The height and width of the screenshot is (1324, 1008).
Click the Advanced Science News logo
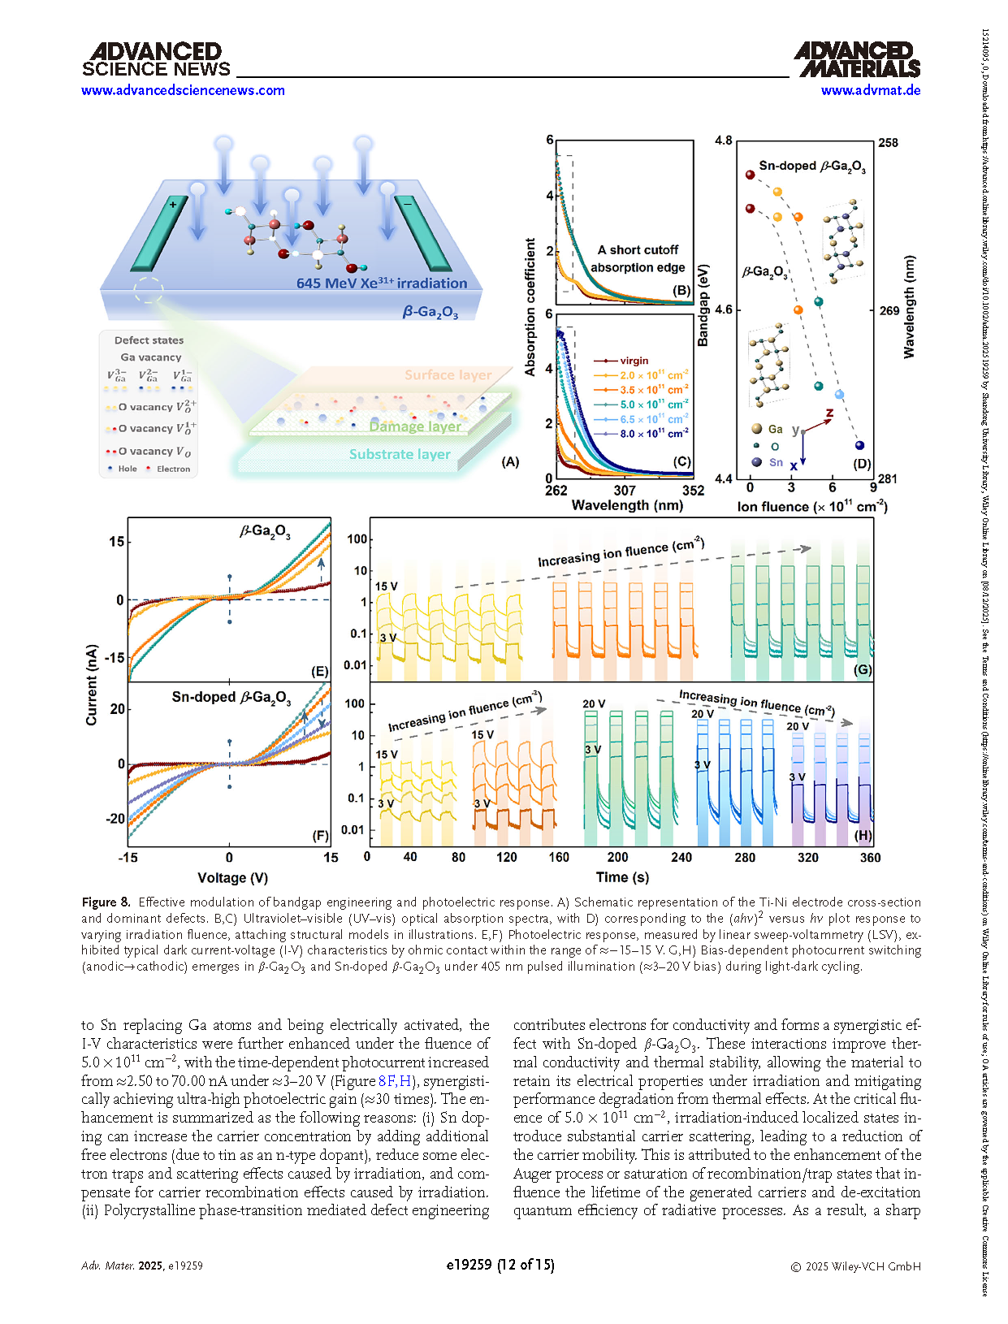coord(156,60)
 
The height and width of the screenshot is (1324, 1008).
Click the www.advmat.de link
coord(870,90)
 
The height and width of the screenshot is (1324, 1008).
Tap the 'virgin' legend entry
coord(634,361)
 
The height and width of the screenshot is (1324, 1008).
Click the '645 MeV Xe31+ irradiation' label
coord(382,283)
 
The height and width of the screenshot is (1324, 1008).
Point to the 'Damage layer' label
coord(415,426)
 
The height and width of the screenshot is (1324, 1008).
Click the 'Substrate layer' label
coord(400,454)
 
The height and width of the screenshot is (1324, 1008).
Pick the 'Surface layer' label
coord(448,375)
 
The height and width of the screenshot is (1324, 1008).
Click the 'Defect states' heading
coord(149,340)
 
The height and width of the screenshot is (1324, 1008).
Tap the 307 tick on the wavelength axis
coord(625,491)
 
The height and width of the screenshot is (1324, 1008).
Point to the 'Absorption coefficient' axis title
coord(530,307)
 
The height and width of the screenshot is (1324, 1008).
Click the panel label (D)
coord(862,464)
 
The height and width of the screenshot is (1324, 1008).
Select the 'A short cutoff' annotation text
coord(638,250)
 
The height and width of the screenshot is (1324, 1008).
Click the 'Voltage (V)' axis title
coord(232,878)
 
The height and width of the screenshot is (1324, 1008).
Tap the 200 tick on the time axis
coord(617,857)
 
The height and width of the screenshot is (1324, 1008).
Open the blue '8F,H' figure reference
coord(395,1081)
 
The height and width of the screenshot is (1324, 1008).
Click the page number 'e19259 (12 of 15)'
coord(500,1265)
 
